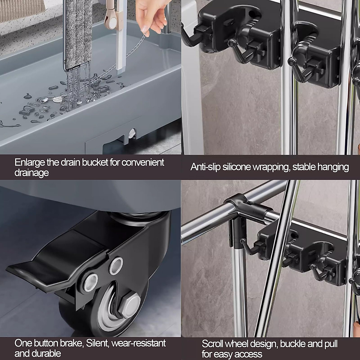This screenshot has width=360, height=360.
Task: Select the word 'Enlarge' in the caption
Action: point(29,163)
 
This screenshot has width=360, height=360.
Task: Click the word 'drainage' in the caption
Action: point(31,173)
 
